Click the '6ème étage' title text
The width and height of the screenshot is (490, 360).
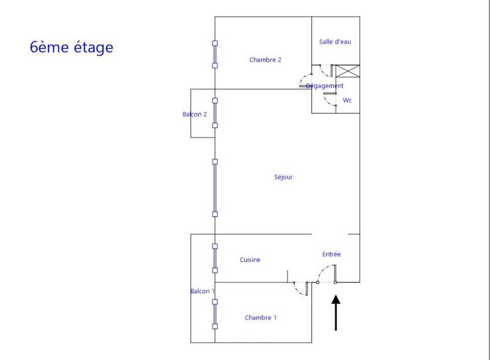pos(72,47)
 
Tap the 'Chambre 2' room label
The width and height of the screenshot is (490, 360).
pos(265,60)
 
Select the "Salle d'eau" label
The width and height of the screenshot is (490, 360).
pos(335,42)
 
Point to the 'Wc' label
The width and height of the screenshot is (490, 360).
pos(347,100)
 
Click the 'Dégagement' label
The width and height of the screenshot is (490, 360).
pos(325,86)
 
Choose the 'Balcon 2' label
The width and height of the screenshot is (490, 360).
pos(194,114)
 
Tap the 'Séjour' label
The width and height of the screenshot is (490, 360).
pos(284,178)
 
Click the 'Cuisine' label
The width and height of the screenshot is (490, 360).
pos(250,260)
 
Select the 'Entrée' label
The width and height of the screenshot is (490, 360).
pos(331,254)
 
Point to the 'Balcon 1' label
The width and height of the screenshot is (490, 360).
pos(202,291)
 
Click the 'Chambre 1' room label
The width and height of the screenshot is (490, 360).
pos(260,318)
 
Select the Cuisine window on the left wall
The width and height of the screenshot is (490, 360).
pos(215,258)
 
